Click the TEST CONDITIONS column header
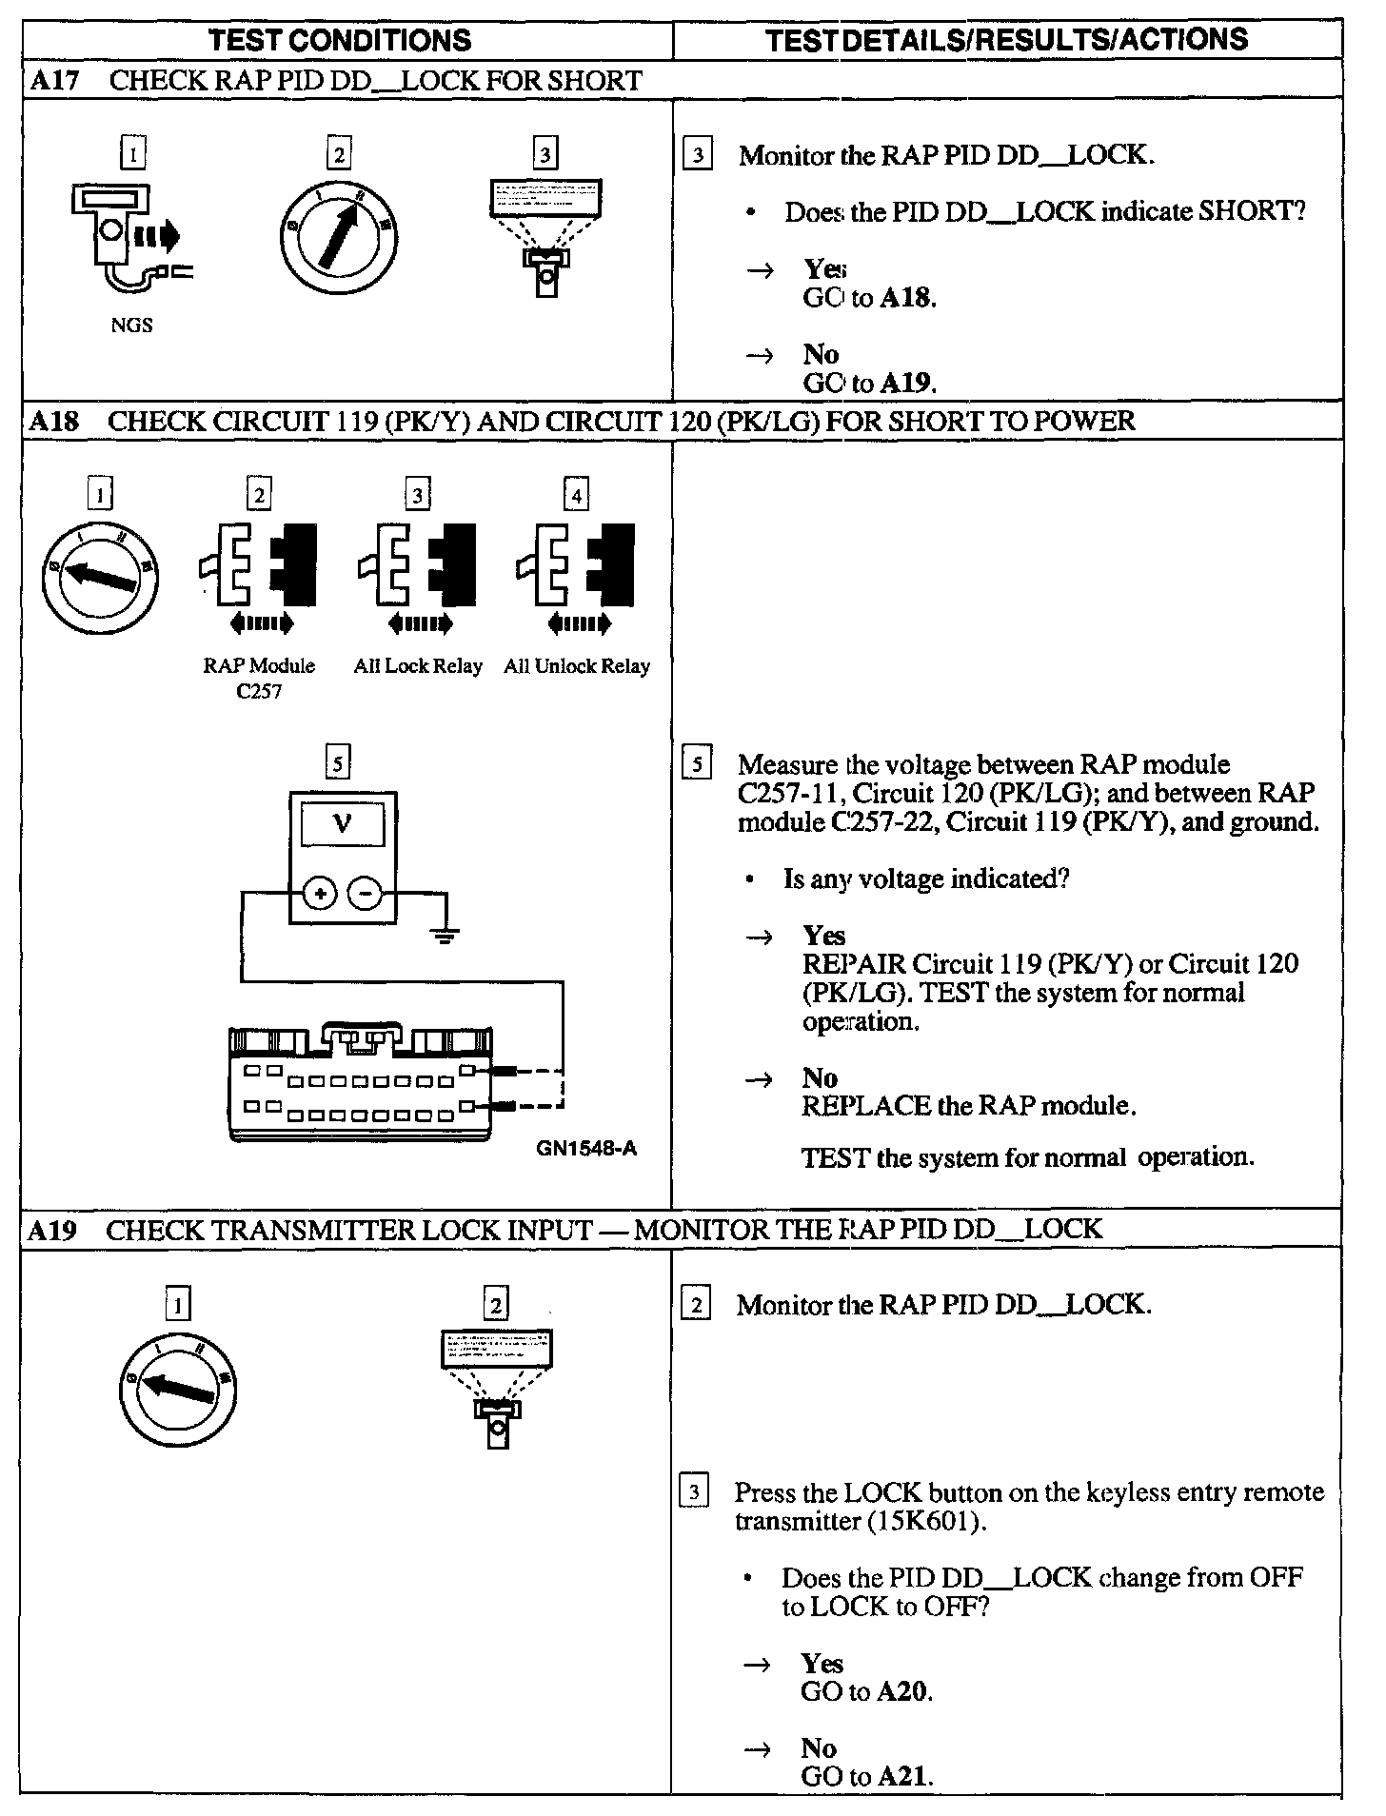click(340, 40)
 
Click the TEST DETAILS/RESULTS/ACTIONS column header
click(1006, 39)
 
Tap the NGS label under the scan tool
click(131, 326)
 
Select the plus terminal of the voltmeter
click(321, 893)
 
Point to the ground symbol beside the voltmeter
click(444, 934)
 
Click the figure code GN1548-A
click(586, 1149)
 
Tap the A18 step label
click(53, 421)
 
